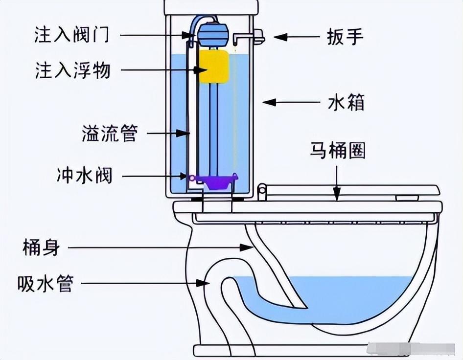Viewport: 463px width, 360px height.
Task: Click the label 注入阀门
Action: pos(72,36)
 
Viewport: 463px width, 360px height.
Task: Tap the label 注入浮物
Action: pos(72,70)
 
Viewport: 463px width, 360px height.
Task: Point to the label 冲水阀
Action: pos(84,176)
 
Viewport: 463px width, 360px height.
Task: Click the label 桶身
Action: pos(41,247)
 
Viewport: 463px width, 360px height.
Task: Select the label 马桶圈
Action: pos(337,151)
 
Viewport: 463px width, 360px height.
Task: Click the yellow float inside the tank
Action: pos(213,66)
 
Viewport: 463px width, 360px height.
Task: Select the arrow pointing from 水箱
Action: pos(291,103)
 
